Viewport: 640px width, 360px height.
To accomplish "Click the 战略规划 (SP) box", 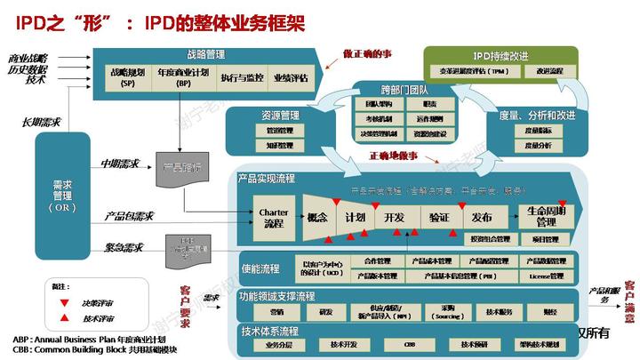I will point(127,78).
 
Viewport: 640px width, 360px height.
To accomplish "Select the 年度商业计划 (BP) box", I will point(185,78).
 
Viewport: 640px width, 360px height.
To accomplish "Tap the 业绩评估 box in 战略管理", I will point(291,78).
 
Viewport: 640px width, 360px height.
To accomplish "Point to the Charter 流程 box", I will point(274,218).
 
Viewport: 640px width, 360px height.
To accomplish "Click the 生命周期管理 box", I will point(546,216).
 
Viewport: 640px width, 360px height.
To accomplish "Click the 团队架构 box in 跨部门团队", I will point(361,104).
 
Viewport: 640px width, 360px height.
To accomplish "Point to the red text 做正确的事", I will point(366,55).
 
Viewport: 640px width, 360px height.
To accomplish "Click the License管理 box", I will point(547,276).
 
